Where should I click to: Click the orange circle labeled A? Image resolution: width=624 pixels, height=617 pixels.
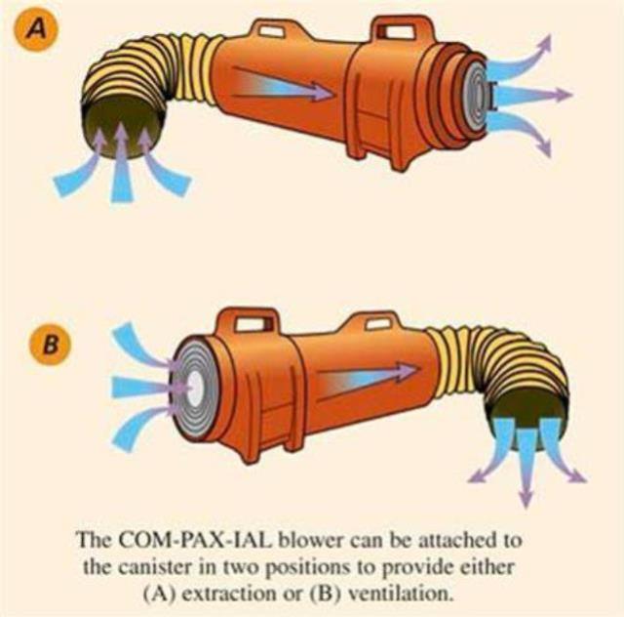click(x=37, y=29)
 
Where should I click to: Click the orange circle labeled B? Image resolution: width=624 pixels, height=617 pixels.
click(x=51, y=344)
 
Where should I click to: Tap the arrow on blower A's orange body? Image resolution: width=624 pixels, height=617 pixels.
click(x=283, y=83)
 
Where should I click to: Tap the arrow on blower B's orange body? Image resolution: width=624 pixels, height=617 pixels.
click(x=369, y=382)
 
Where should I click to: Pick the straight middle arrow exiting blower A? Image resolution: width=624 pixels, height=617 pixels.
click(x=532, y=96)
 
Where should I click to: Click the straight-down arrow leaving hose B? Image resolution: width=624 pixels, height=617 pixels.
click(x=526, y=466)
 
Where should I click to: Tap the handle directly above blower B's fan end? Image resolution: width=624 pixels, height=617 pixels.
click(x=250, y=321)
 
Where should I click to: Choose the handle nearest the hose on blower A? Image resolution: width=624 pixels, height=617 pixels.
click(x=271, y=31)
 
